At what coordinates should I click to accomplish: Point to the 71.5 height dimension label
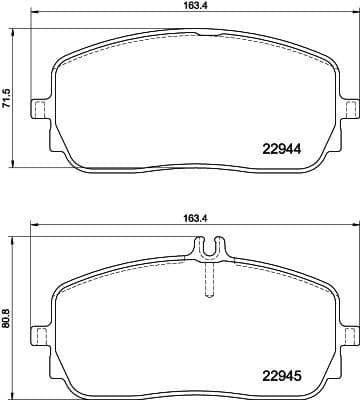coord(8,100)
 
